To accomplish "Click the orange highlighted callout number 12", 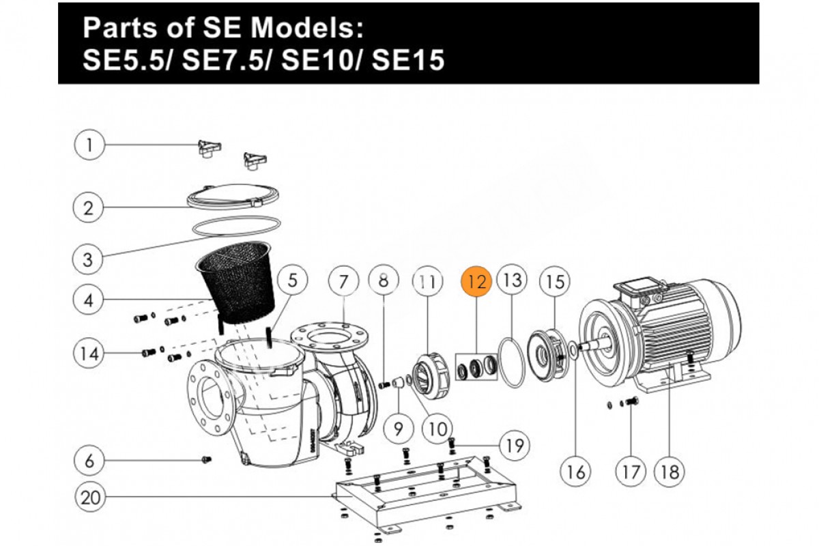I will (x=477, y=281).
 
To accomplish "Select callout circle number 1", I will (x=89, y=145).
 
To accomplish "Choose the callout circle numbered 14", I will (x=89, y=354).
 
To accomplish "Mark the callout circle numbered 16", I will (x=575, y=471).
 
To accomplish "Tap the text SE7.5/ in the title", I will (x=227, y=61).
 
